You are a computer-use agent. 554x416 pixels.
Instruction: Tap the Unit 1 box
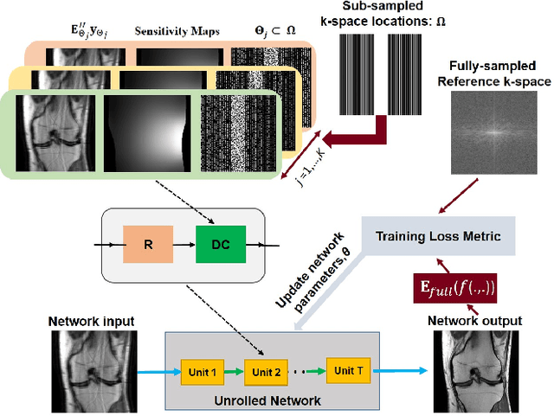pyautogui.click(x=202, y=371)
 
